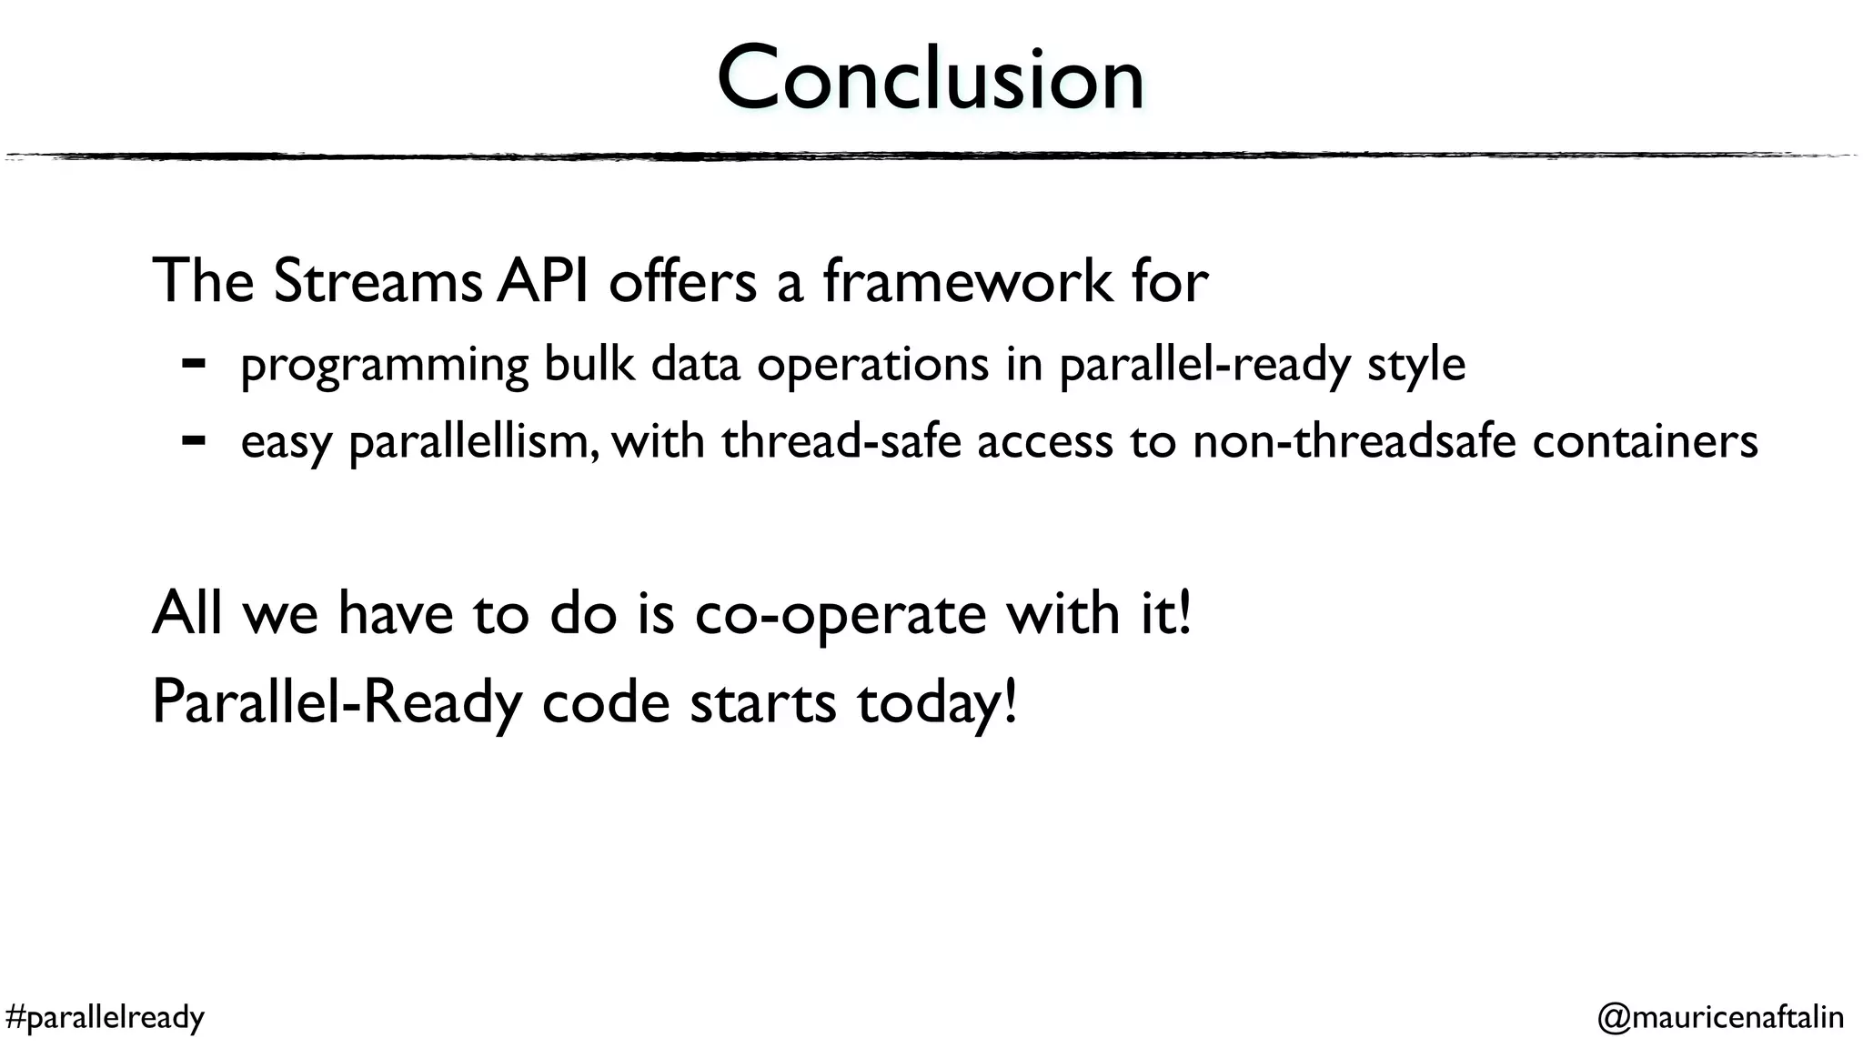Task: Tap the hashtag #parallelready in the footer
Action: click(105, 1016)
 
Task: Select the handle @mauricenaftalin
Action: click(1720, 1016)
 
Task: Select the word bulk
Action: click(589, 364)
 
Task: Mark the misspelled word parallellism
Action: click(473, 442)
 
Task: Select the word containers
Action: click(1645, 441)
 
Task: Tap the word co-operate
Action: click(840, 614)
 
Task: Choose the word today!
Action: click(936, 703)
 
